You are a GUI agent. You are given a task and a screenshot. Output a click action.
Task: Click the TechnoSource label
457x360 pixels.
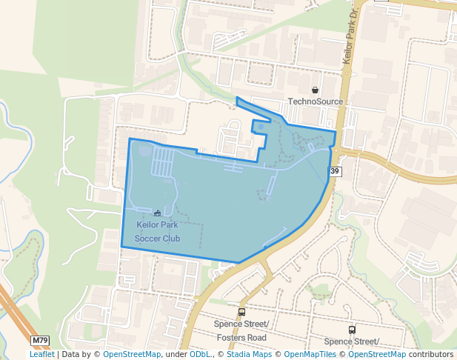point(315,101)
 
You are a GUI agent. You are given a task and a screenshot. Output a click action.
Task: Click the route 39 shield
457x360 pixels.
point(336,171)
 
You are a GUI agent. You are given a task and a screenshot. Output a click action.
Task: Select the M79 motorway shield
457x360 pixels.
point(40,341)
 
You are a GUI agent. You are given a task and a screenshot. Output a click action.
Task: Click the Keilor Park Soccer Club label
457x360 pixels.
point(157,231)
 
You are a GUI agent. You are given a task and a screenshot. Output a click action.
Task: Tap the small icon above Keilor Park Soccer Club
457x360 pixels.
point(157,213)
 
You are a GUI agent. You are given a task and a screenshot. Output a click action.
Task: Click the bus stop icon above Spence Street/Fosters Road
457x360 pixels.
point(241,312)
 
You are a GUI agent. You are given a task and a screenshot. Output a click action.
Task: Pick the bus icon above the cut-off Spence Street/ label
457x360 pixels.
point(351,330)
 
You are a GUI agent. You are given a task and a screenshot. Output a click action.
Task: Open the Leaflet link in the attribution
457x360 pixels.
point(41,354)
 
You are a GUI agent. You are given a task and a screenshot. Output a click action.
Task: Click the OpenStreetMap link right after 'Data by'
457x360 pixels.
point(132,354)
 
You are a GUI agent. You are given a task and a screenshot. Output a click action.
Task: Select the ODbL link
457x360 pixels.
point(200,354)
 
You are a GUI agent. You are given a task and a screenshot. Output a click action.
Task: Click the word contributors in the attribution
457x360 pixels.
point(431,354)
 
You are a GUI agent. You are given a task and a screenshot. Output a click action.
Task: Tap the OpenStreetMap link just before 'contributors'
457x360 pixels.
point(377,354)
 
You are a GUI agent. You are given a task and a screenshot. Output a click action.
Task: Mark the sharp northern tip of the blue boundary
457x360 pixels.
point(236,98)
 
